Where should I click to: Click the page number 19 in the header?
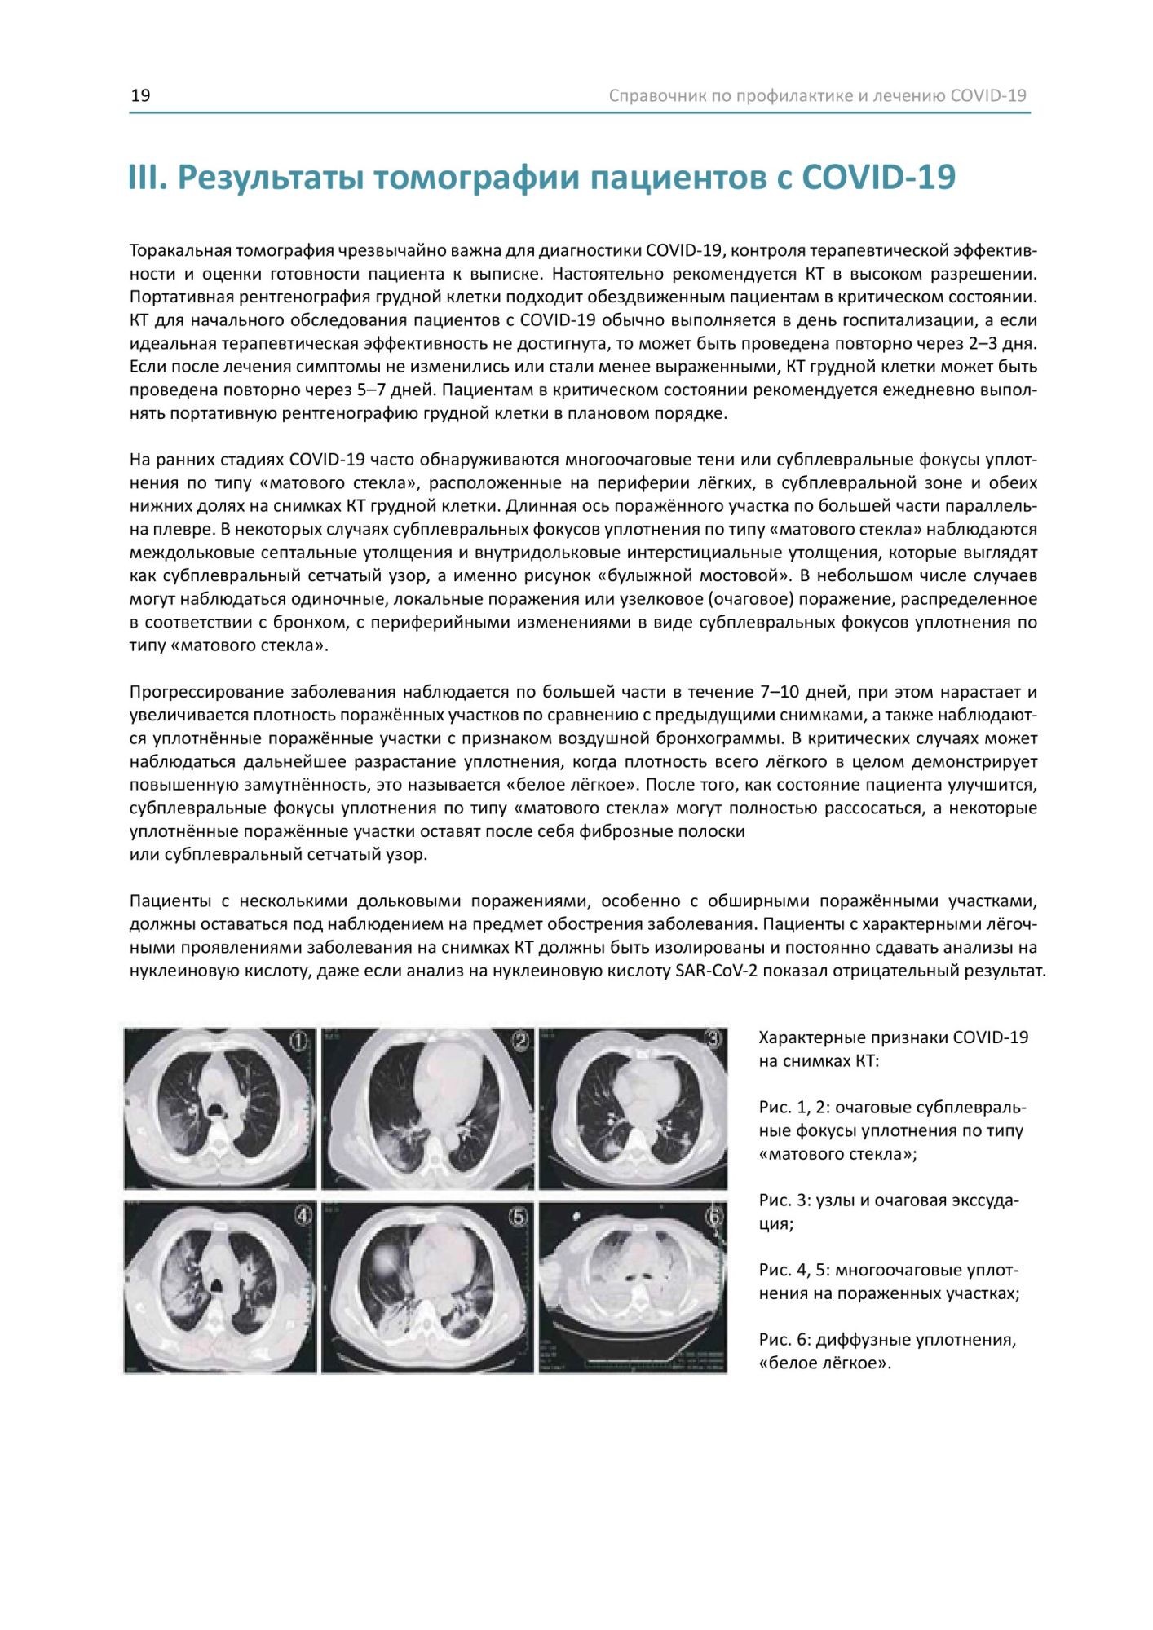(140, 95)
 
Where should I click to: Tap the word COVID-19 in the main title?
(878, 178)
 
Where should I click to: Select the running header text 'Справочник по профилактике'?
(731, 95)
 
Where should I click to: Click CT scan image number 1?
(219, 1107)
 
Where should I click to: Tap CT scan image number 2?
(427, 1107)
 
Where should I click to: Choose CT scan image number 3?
(633, 1107)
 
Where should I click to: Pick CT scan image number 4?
(219, 1287)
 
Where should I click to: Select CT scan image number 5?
(427, 1287)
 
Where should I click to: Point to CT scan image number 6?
(633, 1287)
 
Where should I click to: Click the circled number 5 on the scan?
(519, 1217)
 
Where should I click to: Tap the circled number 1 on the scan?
(300, 1041)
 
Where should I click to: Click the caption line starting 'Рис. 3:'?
(889, 1200)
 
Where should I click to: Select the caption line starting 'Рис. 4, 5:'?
(889, 1270)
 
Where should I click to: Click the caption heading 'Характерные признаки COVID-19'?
(894, 1037)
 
